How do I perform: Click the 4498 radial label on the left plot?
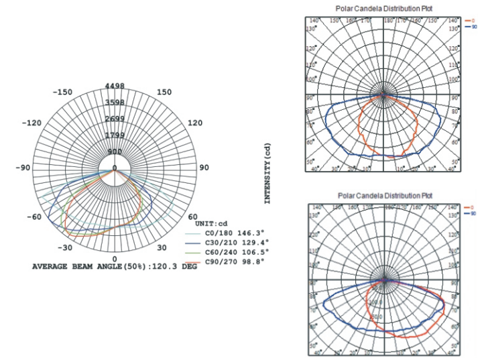115,85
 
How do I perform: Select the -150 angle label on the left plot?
64,92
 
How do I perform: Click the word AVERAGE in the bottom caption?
51,266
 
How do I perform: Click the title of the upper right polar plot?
384,8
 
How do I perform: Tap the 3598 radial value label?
115,103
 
